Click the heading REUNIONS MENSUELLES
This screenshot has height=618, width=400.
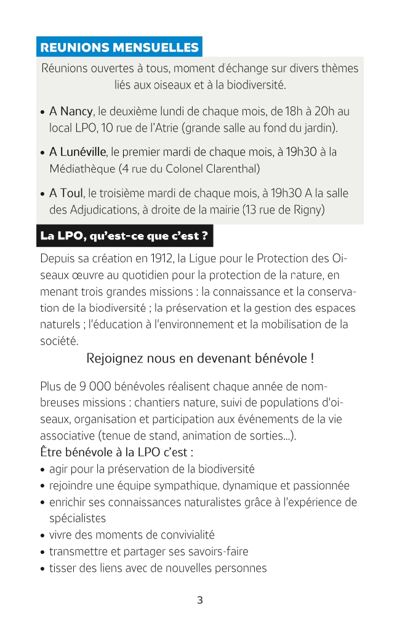point(119,47)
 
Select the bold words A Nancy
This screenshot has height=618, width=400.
point(71,111)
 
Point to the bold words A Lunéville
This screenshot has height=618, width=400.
point(78,151)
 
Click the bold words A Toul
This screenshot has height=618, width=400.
point(66,193)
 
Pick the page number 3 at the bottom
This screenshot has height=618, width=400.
point(200,600)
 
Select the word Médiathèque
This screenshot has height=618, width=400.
point(82,168)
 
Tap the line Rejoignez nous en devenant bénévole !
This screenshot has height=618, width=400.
point(201,358)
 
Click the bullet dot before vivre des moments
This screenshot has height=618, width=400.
point(42,536)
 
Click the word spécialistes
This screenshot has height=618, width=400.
point(78,518)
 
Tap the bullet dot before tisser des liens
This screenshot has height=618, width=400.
point(42,569)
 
